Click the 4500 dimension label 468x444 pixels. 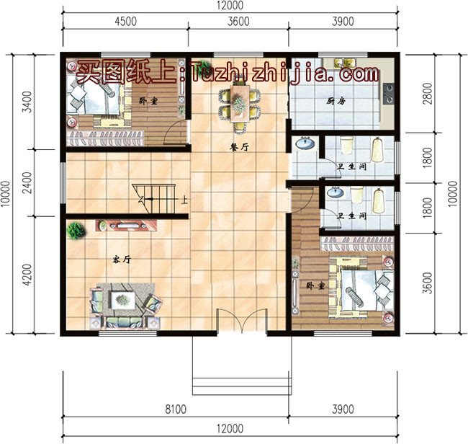tap(125, 21)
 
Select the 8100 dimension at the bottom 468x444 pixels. tap(176, 409)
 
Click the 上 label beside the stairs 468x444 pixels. tap(186, 201)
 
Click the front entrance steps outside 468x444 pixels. tap(242, 375)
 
